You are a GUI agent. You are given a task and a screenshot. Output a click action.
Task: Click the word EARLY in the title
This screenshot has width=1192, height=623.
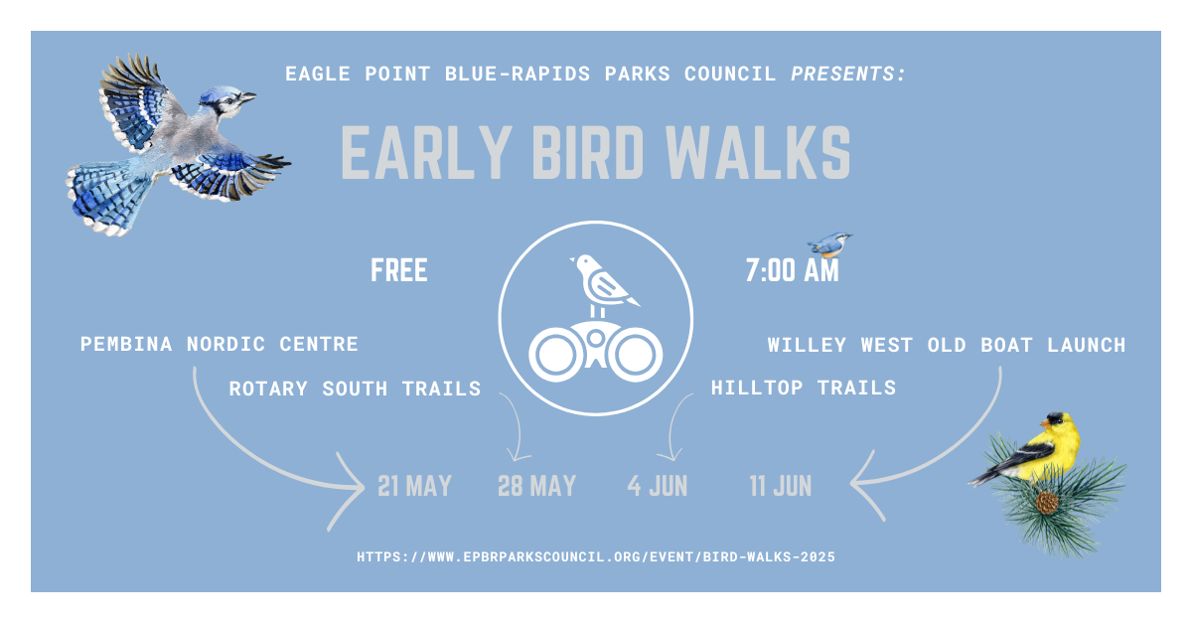coord(426,153)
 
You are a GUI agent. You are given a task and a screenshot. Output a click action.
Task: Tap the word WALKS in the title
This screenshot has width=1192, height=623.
coord(758,153)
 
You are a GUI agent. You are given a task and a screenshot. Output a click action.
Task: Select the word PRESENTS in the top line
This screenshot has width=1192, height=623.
coord(848,74)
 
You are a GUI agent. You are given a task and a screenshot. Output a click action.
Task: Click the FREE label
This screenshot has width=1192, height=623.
coord(399,270)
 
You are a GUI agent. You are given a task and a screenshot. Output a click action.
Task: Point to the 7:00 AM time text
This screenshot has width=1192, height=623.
coord(793,270)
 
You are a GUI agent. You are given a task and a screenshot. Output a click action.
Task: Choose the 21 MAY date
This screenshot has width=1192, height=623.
coord(414,486)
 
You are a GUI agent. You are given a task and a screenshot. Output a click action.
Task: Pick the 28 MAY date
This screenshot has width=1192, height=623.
coord(537,486)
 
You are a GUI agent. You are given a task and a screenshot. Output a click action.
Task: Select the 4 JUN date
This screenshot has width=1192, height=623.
coord(658,486)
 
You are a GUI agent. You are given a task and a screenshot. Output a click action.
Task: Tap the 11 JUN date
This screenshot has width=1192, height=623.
coord(781,486)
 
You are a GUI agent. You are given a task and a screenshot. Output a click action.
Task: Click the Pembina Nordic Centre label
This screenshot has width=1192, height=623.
coord(220,344)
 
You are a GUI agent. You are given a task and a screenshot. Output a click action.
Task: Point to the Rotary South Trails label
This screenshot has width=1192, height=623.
coord(355,389)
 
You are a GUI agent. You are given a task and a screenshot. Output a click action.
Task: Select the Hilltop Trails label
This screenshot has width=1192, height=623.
coord(804,388)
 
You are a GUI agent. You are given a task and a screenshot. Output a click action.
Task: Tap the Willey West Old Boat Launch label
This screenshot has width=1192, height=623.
coord(947,345)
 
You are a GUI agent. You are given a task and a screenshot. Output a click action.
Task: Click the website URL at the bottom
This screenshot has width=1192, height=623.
coord(596,557)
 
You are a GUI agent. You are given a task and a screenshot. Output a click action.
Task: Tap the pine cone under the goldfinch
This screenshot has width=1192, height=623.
coord(1047,503)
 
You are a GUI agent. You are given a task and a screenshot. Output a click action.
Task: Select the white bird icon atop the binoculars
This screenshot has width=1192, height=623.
coord(601,282)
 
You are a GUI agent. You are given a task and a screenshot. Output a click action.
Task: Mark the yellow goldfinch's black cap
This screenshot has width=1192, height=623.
coord(1056,417)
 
